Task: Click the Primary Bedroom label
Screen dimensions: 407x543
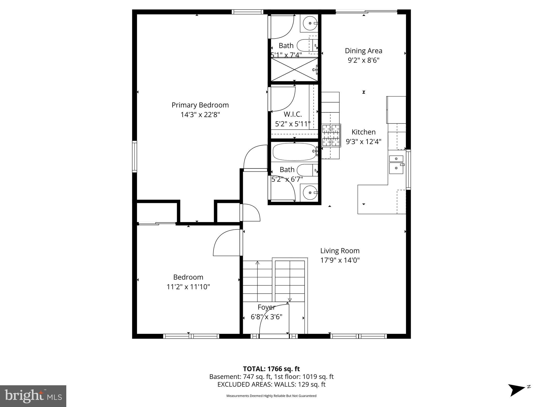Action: click(200, 105)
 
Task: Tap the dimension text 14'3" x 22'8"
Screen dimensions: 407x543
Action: click(200, 115)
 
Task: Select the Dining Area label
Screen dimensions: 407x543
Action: click(363, 51)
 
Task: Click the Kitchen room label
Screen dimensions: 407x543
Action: click(363, 132)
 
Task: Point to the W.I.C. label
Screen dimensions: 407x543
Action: click(293, 114)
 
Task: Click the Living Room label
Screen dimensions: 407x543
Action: click(340, 251)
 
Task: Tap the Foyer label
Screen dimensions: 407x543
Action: click(266, 307)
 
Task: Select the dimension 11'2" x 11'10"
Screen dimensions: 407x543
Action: click(188, 287)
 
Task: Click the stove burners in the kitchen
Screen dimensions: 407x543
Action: click(331, 135)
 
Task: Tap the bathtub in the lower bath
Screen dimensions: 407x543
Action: click(294, 152)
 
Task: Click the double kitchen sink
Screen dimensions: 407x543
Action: click(396, 164)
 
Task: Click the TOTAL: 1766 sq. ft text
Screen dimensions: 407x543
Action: click(271, 369)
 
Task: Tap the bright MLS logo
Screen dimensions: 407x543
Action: click(33, 396)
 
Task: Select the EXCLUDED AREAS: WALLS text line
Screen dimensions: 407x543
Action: click(271, 384)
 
